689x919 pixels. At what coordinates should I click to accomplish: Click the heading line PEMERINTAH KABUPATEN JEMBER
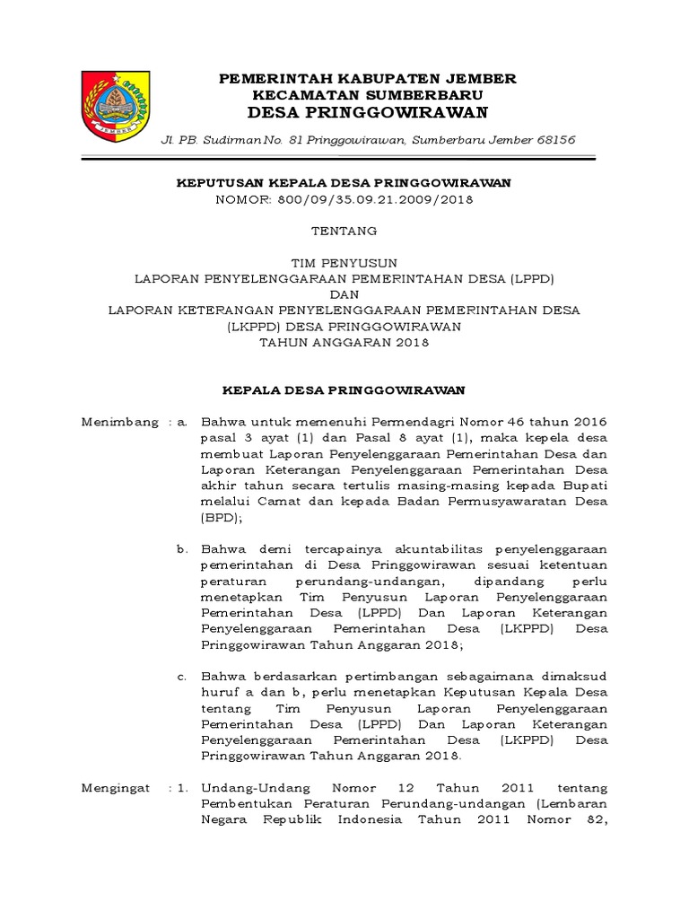(x=368, y=79)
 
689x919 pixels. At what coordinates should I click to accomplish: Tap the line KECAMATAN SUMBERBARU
(x=368, y=94)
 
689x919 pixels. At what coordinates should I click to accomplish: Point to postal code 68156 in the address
(x=555, y=140)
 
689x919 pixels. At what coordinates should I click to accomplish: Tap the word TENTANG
(x=344, y=231)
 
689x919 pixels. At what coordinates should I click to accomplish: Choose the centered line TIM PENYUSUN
(x=344, y=263)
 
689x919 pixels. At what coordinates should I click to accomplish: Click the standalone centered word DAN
(x=344, y=294)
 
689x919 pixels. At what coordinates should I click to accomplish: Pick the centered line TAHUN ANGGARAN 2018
(x=344, y=342)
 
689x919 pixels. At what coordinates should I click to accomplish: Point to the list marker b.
(x=182, y=548)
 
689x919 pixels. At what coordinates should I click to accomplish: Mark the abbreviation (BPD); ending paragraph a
(x=222, y=518)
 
